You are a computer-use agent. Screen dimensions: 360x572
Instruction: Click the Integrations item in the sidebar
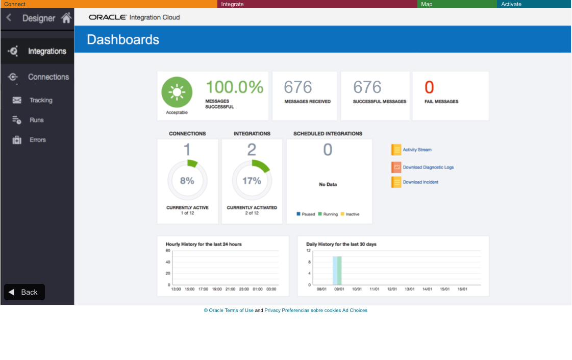[x=46, y=51]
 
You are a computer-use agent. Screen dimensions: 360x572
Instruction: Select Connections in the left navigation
[x=48, y=77]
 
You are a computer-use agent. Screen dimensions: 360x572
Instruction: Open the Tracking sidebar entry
[x=41, y=101]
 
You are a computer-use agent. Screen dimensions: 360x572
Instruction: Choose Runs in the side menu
[x=37, y=120]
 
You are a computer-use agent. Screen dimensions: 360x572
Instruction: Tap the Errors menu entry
[x=38, y=140]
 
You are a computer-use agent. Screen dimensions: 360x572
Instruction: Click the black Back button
[x=24, y=292]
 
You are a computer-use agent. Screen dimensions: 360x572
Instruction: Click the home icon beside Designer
[x=66, y=18]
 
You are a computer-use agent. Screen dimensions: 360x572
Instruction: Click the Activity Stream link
[x=417, y=150]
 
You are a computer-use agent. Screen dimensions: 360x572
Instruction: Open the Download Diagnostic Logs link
[x=428, y=167]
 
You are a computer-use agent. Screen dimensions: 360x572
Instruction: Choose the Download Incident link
[x=420, y=182]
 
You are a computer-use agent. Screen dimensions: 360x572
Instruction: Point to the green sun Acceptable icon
[x=177, y=92]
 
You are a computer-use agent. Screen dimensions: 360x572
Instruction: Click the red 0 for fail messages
[x=429, y=88]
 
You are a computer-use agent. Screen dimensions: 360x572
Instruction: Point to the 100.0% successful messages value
[x=234, y=87]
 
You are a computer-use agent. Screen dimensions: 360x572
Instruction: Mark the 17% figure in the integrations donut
[x=252, y=181]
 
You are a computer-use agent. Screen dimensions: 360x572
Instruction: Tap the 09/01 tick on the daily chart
[x=339, y=289]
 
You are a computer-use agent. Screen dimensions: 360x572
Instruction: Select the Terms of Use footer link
[x=239, y=310]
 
